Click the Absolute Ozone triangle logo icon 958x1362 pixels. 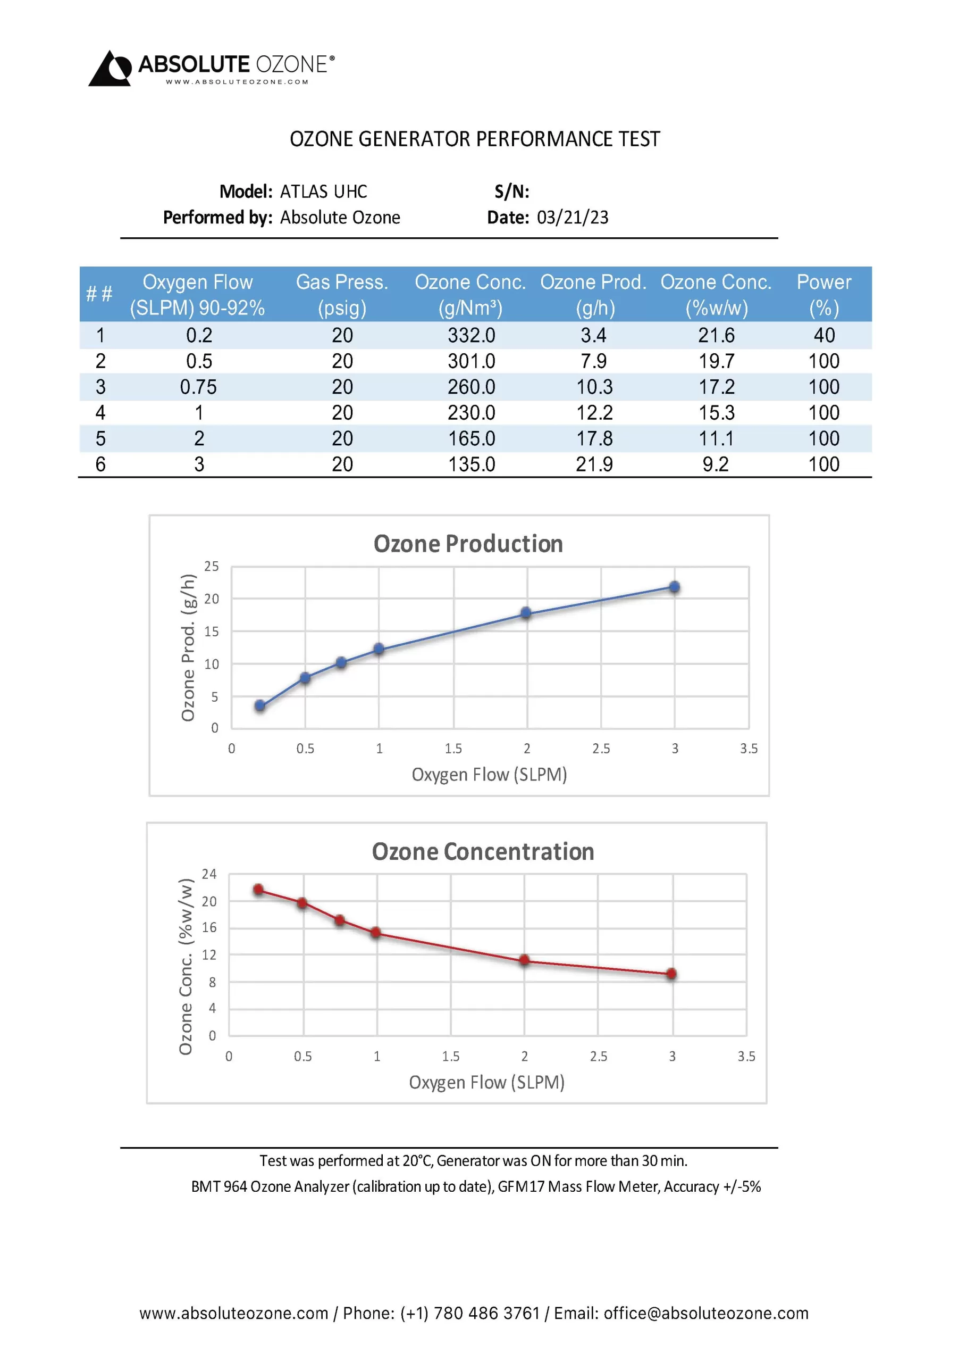[110, 69]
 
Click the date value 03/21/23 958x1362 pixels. [572, 218]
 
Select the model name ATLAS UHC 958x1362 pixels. [323, 192]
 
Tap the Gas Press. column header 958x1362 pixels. [342, 294]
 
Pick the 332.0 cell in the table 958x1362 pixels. [472, 336]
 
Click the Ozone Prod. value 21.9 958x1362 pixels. [594, 464]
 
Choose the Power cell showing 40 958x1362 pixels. [824, 336]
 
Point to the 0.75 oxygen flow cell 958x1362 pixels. [199, 387]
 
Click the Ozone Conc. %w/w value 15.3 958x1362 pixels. [716, 413]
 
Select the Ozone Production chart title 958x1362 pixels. [468, 544]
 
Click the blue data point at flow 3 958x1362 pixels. [674, 587]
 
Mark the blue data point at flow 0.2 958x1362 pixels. [259, 705]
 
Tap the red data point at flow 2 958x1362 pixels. [524, 960]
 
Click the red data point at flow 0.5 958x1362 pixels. [302, 903]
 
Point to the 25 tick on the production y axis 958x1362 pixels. [212, 567]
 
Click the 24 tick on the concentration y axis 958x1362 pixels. [209, 874]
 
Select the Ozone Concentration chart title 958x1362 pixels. [483, 852]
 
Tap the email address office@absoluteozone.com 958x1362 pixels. [705, 1314]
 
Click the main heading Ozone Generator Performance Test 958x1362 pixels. [474, 139]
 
